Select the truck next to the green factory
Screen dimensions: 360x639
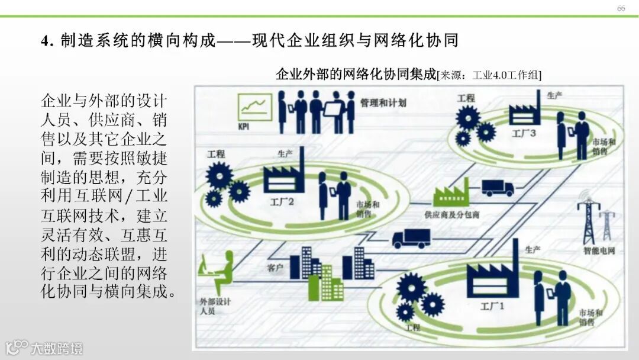click(x=498, y=188)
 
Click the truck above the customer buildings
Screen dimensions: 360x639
click(x=411, y=238)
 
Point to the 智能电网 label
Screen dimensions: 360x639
click(x=599, y=250)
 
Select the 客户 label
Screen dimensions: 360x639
click(x=276, y=268)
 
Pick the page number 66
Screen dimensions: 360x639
click(x=621, y=8)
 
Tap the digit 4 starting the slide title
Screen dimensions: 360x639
click(x=44, y=41)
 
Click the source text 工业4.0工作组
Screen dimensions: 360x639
click(x=508, y=75)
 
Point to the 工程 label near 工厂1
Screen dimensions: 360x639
click(x=412, y=326)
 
